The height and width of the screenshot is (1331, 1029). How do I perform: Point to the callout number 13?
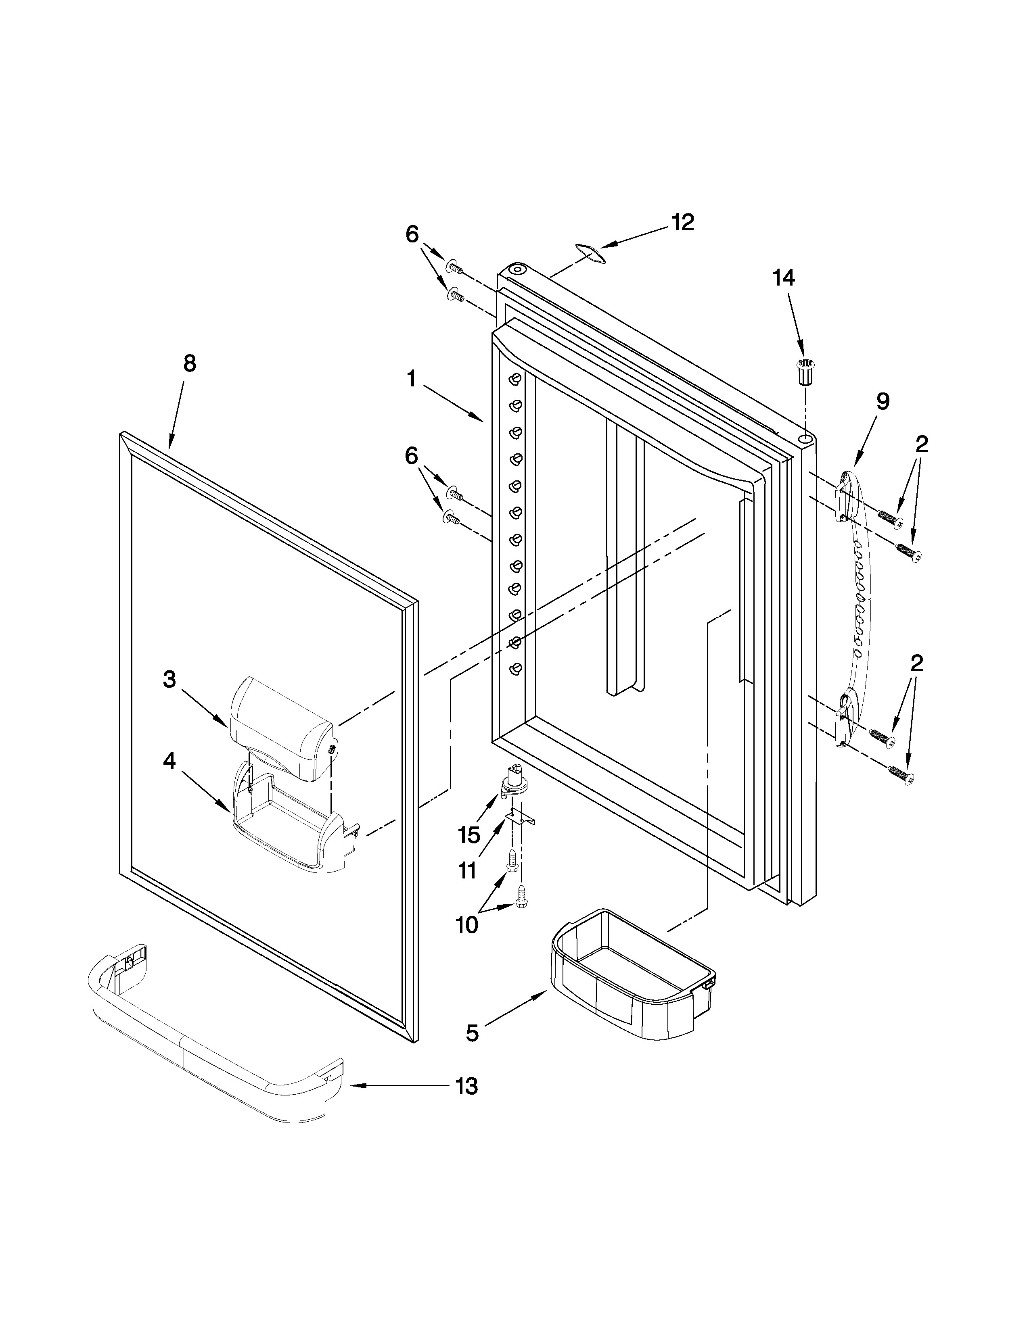coord(467,1086)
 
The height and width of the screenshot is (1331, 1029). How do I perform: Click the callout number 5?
coord(473,1033)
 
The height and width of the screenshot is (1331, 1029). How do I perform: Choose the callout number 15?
coord(469,835)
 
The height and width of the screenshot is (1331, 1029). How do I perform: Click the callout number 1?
coord(412,380)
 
